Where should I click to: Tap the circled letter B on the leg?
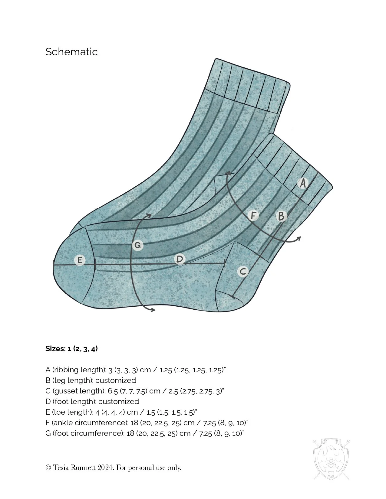[281, 216]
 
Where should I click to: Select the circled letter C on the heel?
[243, 271]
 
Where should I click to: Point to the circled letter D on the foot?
[180, 259]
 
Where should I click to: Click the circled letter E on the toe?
[80, 260]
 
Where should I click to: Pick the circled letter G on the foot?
[138, 245]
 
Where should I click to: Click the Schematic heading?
[71, 52]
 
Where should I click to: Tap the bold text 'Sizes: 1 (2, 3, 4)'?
[71, 349]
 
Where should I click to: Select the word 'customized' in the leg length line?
[116, 380]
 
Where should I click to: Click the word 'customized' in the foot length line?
[119, 402]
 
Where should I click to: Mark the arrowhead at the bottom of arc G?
[153, 309]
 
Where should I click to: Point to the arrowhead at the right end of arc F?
[299, 238]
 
